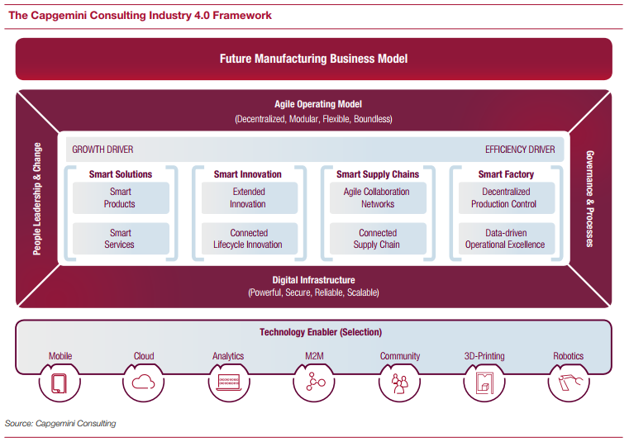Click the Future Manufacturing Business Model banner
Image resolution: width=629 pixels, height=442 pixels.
(x=313, y=59)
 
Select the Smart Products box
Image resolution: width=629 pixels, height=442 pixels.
(x=121, y=198)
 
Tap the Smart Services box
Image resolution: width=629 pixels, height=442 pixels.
(x=121, y=239)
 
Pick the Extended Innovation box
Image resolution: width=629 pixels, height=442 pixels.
(x=248, y=198)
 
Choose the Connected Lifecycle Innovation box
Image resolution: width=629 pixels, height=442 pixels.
(x=248, y=239)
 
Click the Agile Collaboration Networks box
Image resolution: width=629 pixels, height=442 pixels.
(x=378, y=198)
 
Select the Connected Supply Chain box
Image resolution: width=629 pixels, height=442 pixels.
(x=378, y=239)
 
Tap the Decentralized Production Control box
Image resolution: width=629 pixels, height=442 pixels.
(x=504, y=198)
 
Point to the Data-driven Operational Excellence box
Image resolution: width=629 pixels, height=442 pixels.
(x=504, y=239)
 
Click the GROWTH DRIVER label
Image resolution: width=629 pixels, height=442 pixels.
(x=102, y=150)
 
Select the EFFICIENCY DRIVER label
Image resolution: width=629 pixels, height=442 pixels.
(x=520, y=150)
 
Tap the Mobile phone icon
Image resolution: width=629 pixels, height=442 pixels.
(x=60, y=383)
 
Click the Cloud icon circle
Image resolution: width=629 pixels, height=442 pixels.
(x=144, y=383)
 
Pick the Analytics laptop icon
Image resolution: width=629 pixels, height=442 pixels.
(x=228, y=383)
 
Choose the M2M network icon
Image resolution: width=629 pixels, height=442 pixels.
(x=314, y=383)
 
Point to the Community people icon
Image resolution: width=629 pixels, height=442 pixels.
(x=399, y=383)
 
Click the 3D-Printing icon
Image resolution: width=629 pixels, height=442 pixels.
(x=484, y=383)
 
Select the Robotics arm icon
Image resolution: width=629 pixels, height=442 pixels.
(x=569, y=383)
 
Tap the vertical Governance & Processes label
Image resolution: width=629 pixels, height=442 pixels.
(x=589, y=198)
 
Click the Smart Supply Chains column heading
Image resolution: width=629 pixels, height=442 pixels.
(x=378, y=174)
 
